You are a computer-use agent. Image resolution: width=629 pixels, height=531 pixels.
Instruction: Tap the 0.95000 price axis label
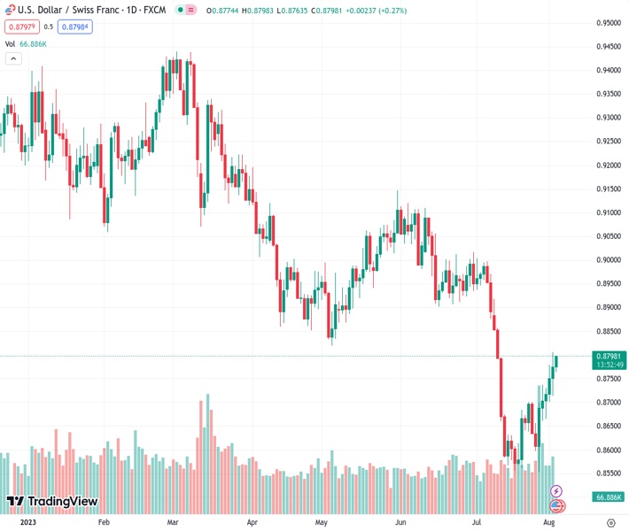pyautogui.click(x=608, y=23)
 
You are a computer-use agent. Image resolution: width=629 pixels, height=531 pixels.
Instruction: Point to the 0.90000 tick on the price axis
pyautogui.click(x=608, y=260)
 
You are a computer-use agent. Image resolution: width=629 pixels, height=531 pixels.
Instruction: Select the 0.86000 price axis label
pyautogui.click(x=608, y=450)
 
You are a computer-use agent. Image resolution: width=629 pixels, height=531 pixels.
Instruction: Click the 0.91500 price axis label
pyautogui.click(x=608, y=189)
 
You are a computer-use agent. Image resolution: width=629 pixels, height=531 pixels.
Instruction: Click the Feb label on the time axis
pyautogui.click(x=104, y=523)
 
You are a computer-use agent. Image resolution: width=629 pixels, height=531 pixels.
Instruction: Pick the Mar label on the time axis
pyautogui.click(x=174, y=523)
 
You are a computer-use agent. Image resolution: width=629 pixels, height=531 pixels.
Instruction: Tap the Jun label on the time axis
pyautogui.click(x=400, y=523)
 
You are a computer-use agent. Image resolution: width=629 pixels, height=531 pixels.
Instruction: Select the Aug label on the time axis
pyautogui.click(x=548, y=523)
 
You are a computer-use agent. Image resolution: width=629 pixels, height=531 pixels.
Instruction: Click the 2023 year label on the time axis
pyautogui.click(x=29, y=523)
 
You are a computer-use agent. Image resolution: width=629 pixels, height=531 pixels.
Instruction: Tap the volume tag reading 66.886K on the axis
pyautogui.click(x=608, y=497)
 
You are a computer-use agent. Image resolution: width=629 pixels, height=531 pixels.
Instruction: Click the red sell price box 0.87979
pyautogui.click(x=20, y=27)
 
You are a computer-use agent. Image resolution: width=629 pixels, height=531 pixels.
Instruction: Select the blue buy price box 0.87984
pyautogui.click(x=76, y=27)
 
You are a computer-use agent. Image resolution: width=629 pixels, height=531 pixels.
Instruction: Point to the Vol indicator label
pyautogui.click(x=11, y=43)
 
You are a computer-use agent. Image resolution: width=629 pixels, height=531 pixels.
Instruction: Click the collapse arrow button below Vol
pyautogui.click(x=13, y=58)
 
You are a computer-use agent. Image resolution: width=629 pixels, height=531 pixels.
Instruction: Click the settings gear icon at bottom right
pyautogui.click(x=610, y=523)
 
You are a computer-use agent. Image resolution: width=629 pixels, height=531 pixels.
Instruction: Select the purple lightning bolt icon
pyautogui.click(x=556, y=490)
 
